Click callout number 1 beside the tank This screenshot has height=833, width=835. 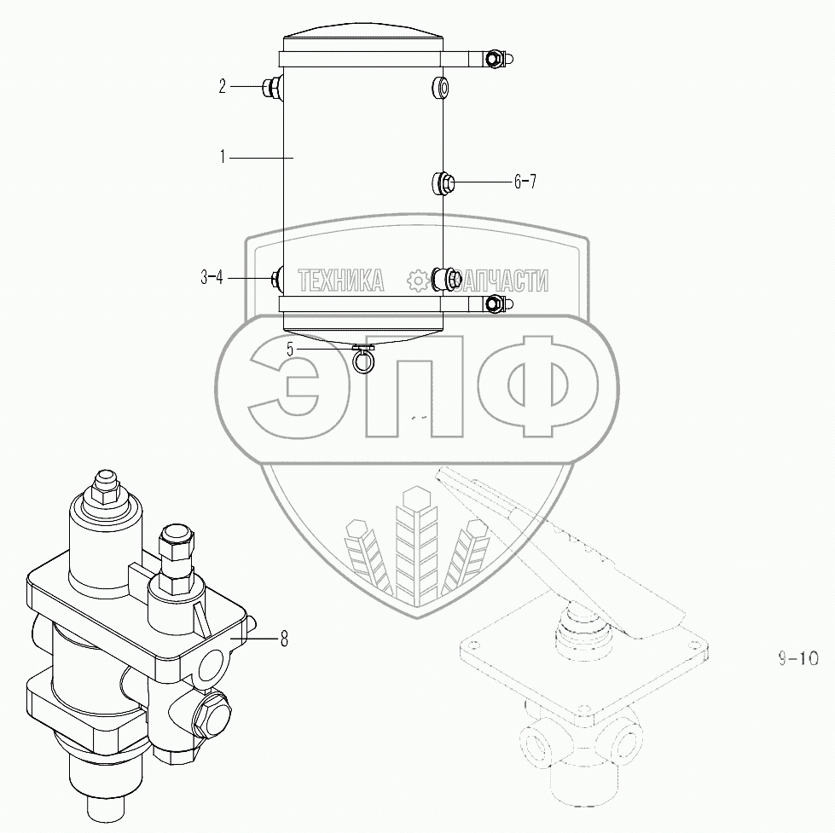223,157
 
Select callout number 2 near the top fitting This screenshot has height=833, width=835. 222,86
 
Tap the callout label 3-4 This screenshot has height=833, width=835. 212,277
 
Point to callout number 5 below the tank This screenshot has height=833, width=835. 290,350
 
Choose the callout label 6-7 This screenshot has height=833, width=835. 525,182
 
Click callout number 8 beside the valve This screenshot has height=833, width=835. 284,639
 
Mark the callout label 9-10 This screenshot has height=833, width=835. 797,658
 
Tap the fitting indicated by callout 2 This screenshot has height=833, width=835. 273,87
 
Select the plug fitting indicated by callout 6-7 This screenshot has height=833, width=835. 442,183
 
